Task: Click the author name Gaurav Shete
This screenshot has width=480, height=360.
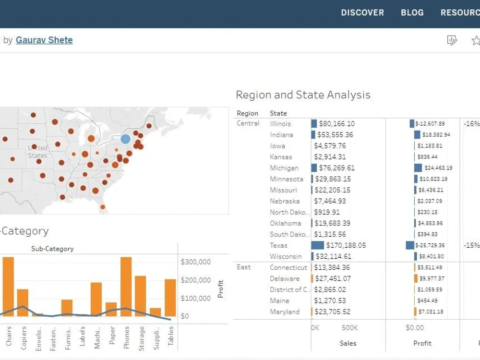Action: [x=44, y=40]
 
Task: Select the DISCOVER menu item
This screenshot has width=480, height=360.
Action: [x=362, y=13]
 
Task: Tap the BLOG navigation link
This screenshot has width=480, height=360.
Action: [x=412, y=13]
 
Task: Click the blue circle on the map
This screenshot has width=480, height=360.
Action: [x=125, y=139]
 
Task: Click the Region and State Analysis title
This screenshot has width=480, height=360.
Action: [x=303, y=95]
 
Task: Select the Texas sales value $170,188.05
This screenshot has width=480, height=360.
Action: [x=346, y=245]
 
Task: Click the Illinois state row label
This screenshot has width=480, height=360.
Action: [x=280, y=124]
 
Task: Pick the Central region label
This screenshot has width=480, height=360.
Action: [x=248, y=123]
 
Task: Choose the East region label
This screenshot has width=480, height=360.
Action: [x=243, y=267]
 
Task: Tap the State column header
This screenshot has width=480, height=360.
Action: [x=278, y=113]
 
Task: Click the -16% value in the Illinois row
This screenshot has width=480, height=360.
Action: [x=471, y=124]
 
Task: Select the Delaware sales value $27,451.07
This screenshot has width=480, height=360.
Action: [x=332, y=278]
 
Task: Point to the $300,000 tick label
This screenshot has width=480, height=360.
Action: [x=195, y=262]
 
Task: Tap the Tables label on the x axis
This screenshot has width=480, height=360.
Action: [x=170, y=336]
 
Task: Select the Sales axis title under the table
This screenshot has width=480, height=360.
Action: [x=348, y=343]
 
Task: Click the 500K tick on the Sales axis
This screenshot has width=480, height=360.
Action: [x=349, y=328]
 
